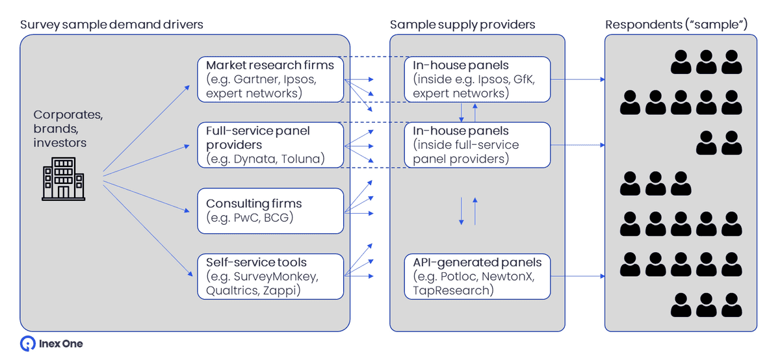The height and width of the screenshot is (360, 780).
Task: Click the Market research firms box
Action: coord(270,79)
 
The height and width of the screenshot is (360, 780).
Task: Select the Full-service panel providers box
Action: coord(270,144)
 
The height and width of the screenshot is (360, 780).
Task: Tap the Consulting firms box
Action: coord(270,211)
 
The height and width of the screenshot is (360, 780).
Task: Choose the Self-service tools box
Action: coord(270,277)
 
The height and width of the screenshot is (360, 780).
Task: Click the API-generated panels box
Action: coord(478,277)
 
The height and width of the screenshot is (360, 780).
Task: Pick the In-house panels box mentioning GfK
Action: coord(478,79)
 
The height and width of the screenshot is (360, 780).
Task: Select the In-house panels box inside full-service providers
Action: coord(478,144)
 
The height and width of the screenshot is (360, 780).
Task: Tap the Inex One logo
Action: coord(52,344)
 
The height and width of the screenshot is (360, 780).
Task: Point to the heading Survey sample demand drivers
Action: coord(112,25)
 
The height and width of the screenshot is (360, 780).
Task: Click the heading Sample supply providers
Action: coord(462,25)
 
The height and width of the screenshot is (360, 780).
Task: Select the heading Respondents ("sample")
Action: coord(676,25)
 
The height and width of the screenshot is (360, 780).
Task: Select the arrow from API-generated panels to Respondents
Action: coord(578,277)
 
